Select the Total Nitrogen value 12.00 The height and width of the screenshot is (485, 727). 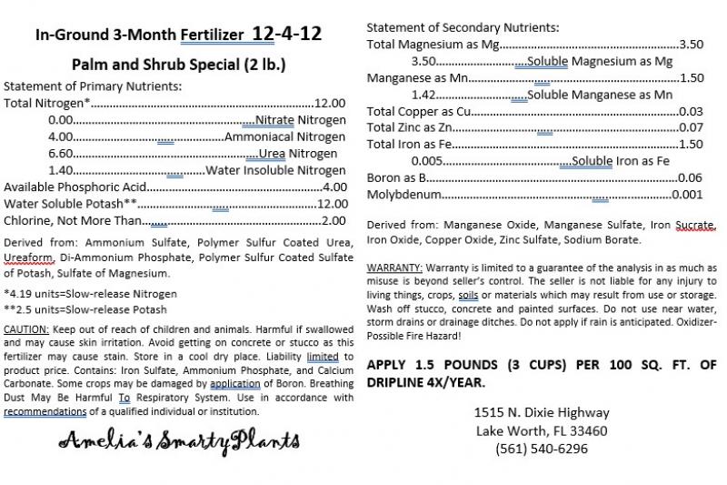(330, 103)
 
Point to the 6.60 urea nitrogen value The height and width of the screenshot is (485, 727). (60, 153)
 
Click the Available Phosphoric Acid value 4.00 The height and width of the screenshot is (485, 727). (334, 187)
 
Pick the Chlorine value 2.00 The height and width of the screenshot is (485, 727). (334, 220)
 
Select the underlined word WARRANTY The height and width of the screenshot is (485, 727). (394, 268)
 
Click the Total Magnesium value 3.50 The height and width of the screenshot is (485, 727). (692, 44)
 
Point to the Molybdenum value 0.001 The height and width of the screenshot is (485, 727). (688, 195)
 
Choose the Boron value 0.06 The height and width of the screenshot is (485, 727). (691, 177)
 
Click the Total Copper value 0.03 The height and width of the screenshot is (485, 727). (692, 111)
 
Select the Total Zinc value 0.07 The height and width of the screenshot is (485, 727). (692, 127)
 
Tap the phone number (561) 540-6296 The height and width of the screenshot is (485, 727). (542, 449)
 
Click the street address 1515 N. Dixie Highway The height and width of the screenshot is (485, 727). (542, 412)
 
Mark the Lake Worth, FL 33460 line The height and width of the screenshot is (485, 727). (542, 430)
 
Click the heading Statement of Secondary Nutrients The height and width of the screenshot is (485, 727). (463, 26)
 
